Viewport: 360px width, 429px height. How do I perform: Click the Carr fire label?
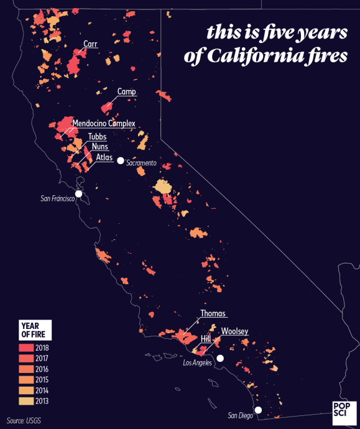coord(90,44)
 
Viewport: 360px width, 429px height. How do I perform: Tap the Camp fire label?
coord(126,92)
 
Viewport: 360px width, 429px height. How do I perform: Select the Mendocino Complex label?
coord(104,124)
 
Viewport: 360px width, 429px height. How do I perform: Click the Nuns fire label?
coord(99,147)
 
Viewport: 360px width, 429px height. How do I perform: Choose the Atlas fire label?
coord(104,158)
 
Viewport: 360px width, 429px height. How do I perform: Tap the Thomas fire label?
coord(213,313)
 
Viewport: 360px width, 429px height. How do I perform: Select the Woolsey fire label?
coord(234,331)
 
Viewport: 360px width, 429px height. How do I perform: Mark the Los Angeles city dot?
coord(219,358)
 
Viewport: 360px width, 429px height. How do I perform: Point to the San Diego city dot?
coord(259,410)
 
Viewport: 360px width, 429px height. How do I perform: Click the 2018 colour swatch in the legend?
coord(27,348)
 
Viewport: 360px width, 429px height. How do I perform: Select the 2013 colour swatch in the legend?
coord(27,400)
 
